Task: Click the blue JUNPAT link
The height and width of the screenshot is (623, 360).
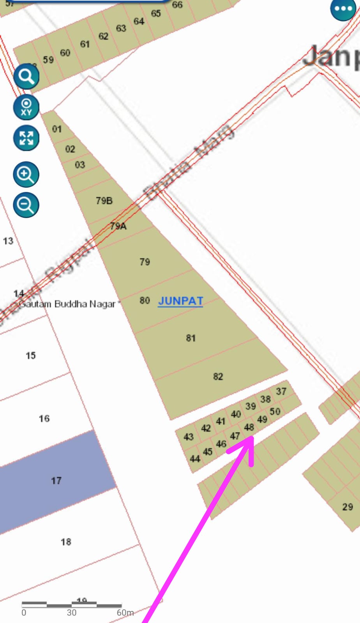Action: (x=180, y=301)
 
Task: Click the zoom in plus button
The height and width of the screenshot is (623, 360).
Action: (x=26, y=174)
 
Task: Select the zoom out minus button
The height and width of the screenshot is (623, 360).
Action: (x=26, y=205)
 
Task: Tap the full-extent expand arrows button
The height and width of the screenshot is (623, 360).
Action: (x=26, y=138)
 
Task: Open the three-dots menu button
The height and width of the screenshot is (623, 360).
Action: (x=343, y=9)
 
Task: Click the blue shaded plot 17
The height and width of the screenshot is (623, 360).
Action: (x=56, y=481)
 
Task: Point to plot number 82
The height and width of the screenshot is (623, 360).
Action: (x=218, y=377)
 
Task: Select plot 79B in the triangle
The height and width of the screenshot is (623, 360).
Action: (x=104, y=201)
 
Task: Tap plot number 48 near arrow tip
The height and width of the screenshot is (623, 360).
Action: (x=249, y=427)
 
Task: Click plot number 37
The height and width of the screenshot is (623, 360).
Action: (x=281, y=391)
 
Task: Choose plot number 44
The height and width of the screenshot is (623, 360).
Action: (x=195, y=459)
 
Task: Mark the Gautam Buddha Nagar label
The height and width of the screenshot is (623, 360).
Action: (x=68, y=304)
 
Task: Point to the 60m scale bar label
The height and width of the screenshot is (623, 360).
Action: (x=125, y=612)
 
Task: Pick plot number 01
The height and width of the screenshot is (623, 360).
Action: (x=57, y=129)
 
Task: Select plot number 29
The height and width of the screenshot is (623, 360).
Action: (x=347, y=507)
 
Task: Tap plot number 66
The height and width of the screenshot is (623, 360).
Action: (x=177, y=5)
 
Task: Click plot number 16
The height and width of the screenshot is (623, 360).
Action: (x=44, y=419)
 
